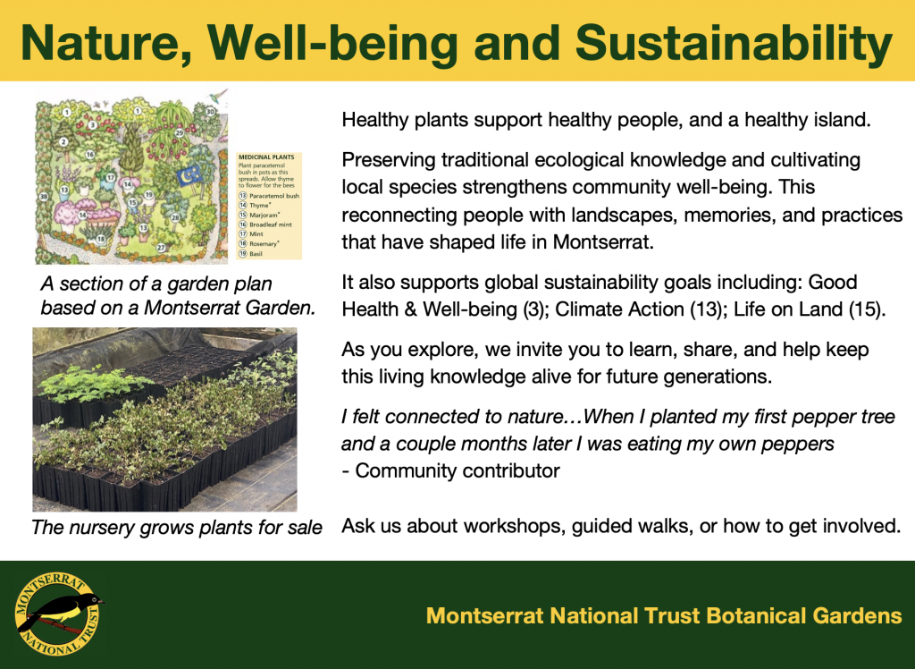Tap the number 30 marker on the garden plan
[210, 112]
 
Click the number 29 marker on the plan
[180, 132]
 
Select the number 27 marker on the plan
[161, 248]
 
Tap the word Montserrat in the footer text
[485, 615]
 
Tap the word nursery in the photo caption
[93, 527]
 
